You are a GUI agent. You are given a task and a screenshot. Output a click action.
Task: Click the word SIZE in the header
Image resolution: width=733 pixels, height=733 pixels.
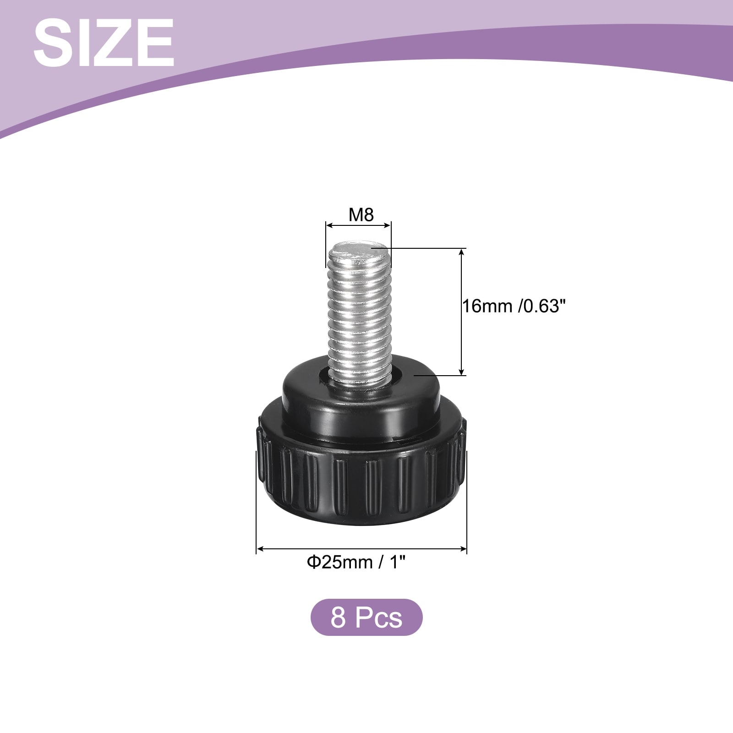coord(104,43)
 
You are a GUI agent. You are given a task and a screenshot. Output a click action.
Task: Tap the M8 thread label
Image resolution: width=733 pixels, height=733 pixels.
coord(361,214)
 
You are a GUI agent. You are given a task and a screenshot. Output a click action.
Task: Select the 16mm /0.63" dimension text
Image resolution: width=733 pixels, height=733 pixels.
coord(511,306)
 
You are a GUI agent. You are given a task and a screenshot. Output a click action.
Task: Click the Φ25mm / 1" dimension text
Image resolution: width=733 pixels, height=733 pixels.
coord(356,562)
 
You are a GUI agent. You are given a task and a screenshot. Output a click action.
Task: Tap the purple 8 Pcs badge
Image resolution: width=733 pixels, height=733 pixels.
coord(366,617)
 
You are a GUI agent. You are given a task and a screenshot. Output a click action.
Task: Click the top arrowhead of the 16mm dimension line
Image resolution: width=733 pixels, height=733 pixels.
coord(462,252)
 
